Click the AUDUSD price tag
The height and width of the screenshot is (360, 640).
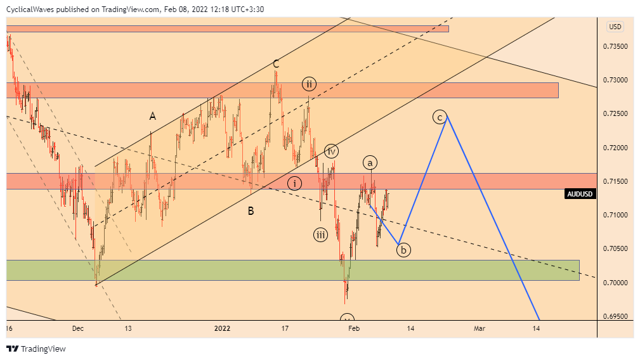click(x=580, y=194)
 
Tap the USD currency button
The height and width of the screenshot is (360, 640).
click(x=615, y=27)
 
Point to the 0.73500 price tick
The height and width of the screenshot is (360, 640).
click(x=615, y=47)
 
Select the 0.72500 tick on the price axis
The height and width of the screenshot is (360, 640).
click(x=615, y=114)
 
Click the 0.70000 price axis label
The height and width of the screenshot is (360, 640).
click(x=615, y=283)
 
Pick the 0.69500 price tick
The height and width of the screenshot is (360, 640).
click(x=615, y=316)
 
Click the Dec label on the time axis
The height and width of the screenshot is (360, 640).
click(x=78, y=328)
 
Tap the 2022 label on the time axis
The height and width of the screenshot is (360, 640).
click(x=222, y=328)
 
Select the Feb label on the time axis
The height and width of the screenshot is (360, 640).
click(x=354, y=328)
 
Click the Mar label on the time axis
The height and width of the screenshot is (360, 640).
click(x=480, y=328)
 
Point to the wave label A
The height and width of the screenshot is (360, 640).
click(x=152, y=116)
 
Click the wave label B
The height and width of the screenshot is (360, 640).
click(x=251, y=211)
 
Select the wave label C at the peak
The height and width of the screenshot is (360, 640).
click(x=276, y=64)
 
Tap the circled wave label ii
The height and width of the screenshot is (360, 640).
click(x=309, y=84)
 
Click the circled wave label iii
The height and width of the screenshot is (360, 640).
click(x=321, y=235)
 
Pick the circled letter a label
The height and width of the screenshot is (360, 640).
click(x=370, y=161)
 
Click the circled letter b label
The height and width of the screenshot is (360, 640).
click(x=403, y=250)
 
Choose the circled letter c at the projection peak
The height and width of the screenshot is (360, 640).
click(x=439, y=117)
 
